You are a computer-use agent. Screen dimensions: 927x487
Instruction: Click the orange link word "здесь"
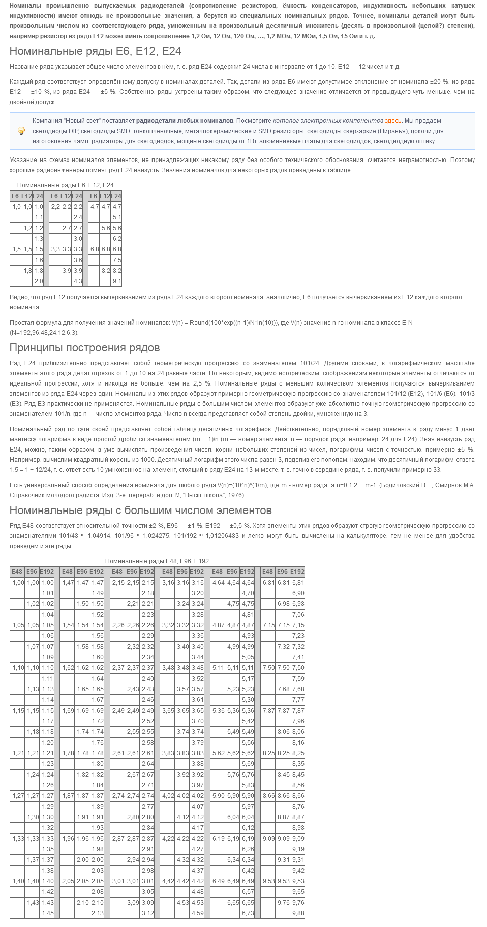[392, 121]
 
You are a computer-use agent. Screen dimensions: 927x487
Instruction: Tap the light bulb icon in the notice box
[21, 131]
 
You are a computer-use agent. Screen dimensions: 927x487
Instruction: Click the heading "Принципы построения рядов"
[84, 348]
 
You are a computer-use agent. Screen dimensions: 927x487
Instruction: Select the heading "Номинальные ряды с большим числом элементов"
[140, 510]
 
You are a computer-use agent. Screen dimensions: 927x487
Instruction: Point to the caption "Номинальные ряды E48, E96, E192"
[157, 561]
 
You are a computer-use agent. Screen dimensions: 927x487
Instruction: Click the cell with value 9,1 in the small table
[116, 281]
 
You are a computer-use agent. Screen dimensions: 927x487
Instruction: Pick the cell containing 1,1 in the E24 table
[39, 217]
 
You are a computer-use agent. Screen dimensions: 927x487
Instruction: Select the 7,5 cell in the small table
[116, 260]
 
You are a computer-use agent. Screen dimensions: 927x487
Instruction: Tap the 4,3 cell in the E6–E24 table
[78, 281]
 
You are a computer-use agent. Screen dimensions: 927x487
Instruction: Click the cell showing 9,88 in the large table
[298, 913]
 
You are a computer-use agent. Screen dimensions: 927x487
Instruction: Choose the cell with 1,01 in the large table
[47, 593]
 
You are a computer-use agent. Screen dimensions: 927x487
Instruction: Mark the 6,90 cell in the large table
[298, 593]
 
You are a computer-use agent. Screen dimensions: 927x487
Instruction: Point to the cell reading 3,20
[197, 593]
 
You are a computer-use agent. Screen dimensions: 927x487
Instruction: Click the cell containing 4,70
[248, 593]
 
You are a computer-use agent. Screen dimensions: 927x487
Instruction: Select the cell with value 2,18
[147, 593]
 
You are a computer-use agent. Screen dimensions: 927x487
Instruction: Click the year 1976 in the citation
[236, 495]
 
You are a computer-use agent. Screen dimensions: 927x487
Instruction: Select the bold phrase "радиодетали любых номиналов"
[185, 121]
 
